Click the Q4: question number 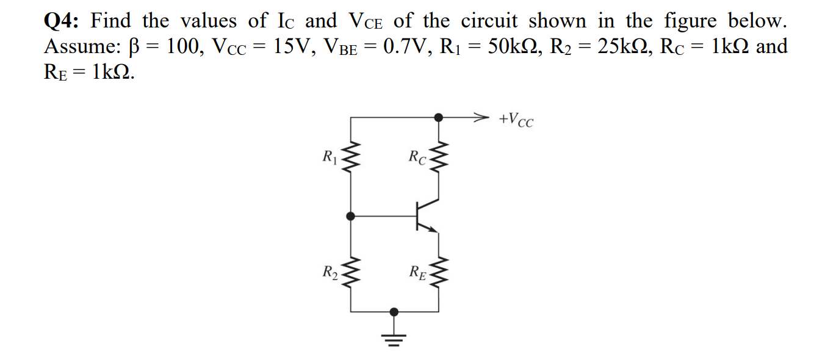coord(63,21)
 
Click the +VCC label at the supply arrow coord(516,119)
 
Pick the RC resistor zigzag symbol coord(438,160)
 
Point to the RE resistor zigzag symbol coord(438,272)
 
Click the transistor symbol coord(423,215)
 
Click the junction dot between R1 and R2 coord(350,215)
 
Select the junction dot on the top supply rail coord(438,116)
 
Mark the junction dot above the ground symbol coord(394,311)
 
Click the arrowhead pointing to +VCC coord(482,116)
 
